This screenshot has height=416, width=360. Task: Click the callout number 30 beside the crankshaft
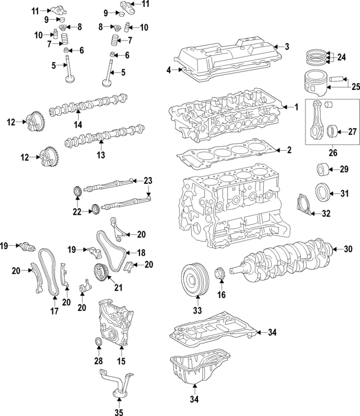(348, 249)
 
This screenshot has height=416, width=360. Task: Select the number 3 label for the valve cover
(286, 47)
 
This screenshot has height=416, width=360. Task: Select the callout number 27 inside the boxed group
(352, 132)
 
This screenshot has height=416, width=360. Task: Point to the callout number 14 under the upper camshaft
(78, 123)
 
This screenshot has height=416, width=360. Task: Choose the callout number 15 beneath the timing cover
(121, 360)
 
